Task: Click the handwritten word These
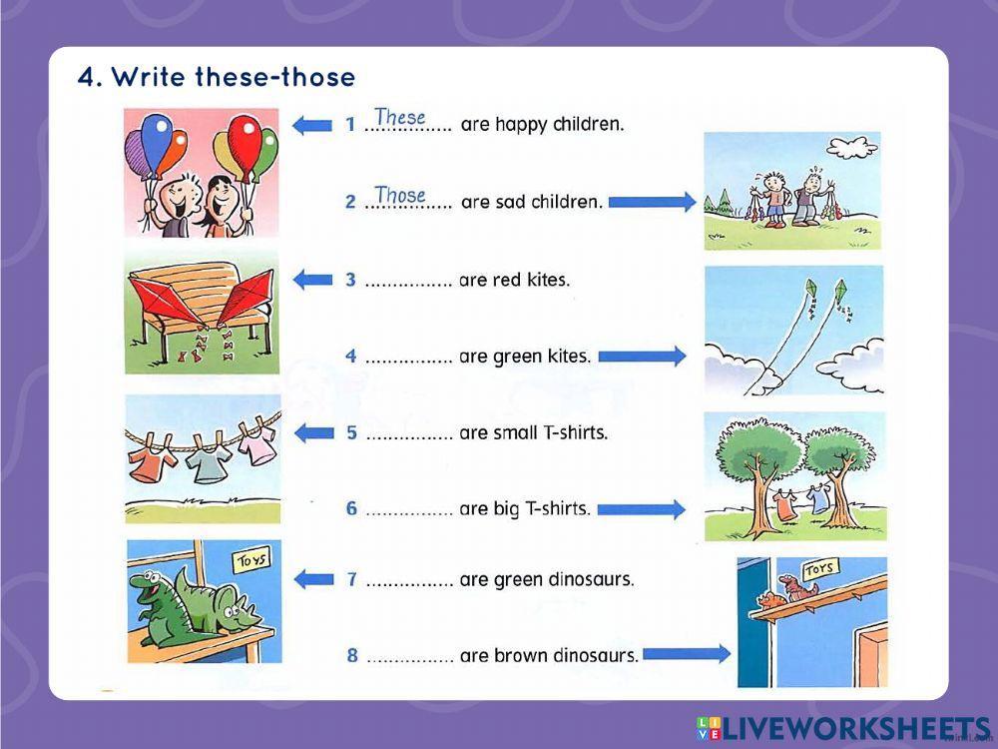coord(400,117)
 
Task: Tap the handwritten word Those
coord(400,195)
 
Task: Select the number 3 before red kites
coord(350,280)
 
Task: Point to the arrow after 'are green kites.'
coord(642,357)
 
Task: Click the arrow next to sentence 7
coord(313,579)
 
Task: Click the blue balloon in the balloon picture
coord(157,142)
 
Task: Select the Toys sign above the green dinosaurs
coord(251,560)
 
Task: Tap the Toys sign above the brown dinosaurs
coord(818,568)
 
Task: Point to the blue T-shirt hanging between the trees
coord(817,498)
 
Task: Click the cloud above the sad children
coord(852,149)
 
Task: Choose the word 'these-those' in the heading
coord(275,77)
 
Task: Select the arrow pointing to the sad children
coord(653,202)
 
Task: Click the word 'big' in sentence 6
coord(507,509)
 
